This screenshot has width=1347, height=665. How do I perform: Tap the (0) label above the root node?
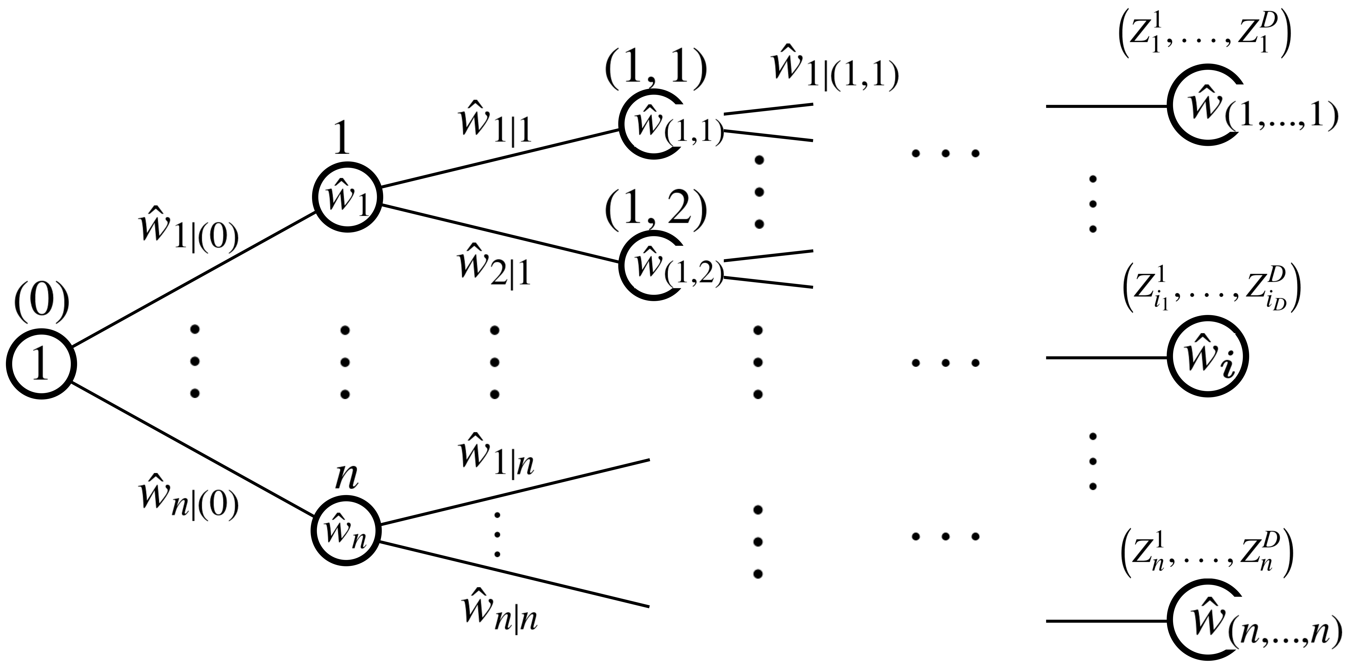41,305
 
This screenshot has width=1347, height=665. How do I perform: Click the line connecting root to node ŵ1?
194,279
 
